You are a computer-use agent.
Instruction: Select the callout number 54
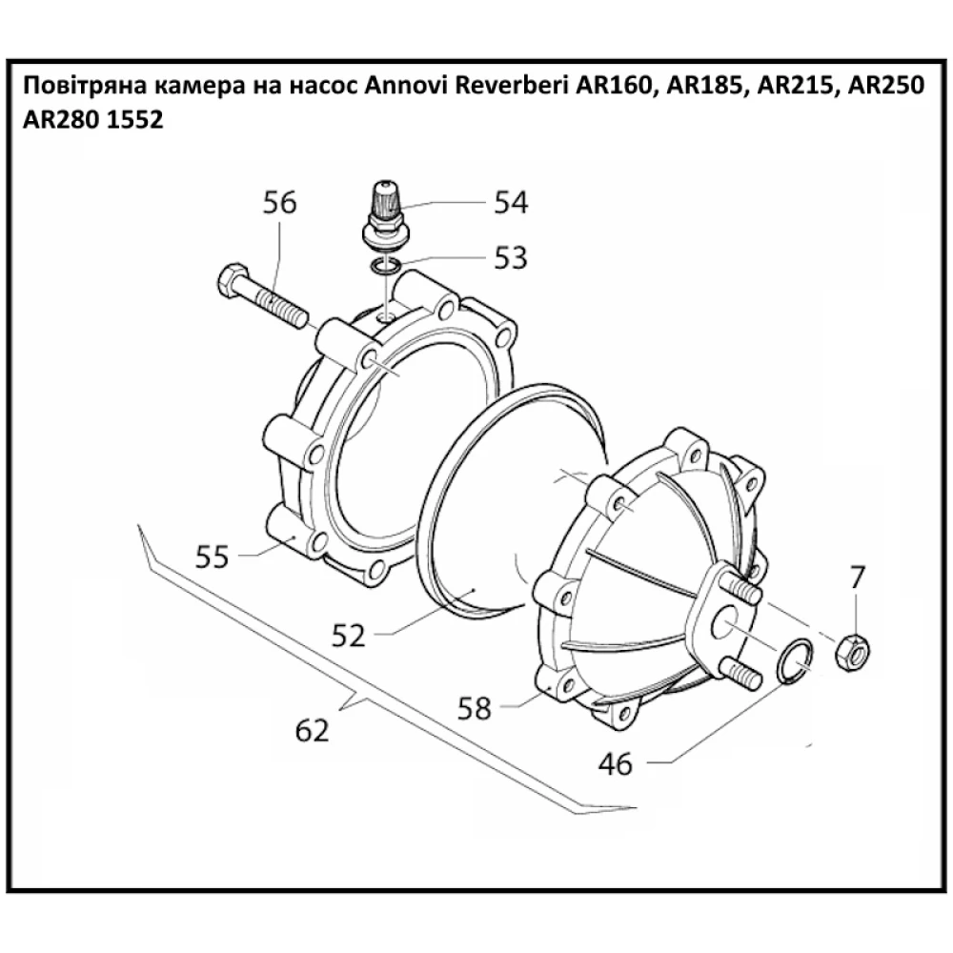[x=510, y=202]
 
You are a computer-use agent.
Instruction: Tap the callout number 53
[x=510, y=257]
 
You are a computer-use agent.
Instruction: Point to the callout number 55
[x=213, y=556]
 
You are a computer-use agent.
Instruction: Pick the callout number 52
[x=349, y=635]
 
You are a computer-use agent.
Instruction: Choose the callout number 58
[x=475, y=707]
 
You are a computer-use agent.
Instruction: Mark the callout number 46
[x=616, y=763]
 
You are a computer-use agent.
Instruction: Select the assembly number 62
[x=312, y=731]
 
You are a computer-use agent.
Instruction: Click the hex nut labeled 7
[x=851, y=651]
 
